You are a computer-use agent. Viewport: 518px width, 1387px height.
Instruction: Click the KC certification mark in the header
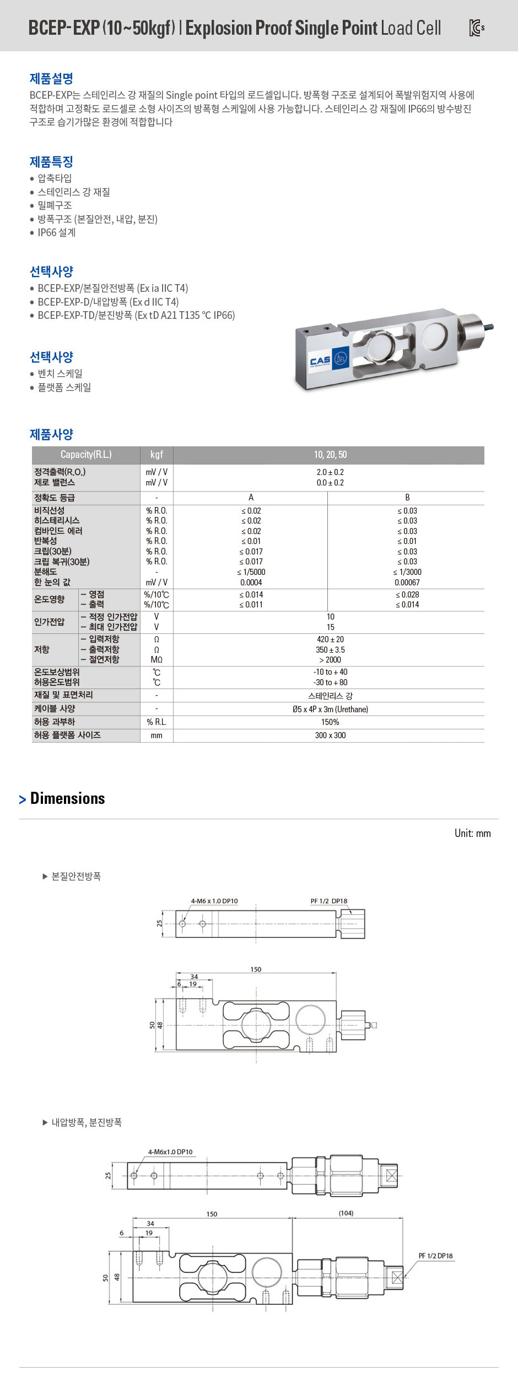(476, 28)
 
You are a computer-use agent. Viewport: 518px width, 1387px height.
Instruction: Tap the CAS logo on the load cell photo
(320, 361)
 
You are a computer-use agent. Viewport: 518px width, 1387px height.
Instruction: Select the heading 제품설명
(51, 78)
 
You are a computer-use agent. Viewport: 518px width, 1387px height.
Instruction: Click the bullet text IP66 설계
(56, 233)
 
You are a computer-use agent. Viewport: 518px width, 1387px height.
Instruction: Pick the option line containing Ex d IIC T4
(108, 302)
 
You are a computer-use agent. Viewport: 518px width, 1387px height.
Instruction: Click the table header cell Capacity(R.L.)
(86, 455)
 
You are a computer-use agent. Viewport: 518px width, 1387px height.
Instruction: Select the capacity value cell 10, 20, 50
(330, 455)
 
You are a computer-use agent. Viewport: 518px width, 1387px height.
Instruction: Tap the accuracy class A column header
(251, 497)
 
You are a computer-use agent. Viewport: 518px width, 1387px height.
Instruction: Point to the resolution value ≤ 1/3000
(407, 572)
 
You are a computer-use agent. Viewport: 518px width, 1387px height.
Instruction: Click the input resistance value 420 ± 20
(330, 639)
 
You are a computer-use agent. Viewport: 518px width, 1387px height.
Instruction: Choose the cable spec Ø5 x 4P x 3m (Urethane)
(330, 709)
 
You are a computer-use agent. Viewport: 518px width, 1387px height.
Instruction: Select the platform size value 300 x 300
(330, 735)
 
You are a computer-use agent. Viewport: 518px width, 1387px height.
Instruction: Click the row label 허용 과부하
(55, 722)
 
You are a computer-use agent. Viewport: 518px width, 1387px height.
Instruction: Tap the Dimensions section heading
(67, 798)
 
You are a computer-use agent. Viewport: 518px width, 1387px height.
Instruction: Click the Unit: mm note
(472, 833)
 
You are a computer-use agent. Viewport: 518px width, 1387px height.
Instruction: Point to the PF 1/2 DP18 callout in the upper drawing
(328, 901)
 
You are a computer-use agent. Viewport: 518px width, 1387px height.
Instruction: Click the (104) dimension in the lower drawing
(346, 1213)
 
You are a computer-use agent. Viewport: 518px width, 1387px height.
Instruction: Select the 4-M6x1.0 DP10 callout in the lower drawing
(170, 1152)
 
